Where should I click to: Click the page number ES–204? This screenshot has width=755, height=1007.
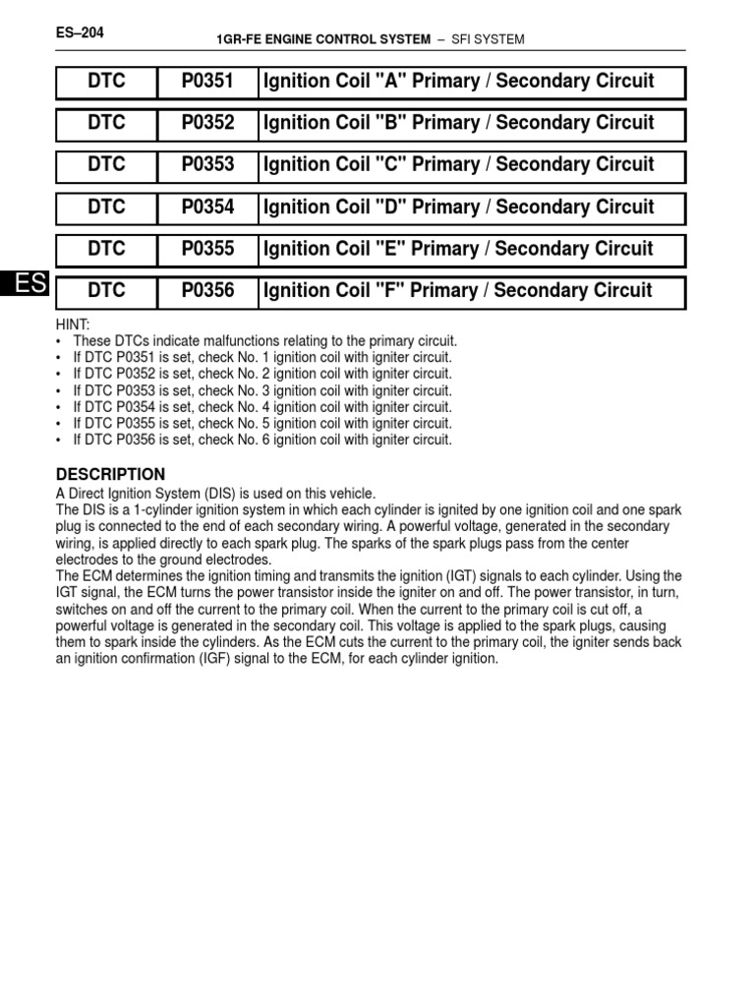(x=81, y=32)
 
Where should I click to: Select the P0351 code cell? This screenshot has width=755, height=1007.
(x=207, y=82)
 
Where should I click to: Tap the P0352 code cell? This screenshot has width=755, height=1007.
(x=207, y=124)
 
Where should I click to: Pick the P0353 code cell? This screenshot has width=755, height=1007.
(x=207, y=165)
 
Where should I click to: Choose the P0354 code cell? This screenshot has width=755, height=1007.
(x=207, y=207)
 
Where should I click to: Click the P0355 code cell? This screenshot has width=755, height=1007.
(x=207, y=249)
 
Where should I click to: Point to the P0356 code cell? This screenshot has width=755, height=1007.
(x=207, y=291)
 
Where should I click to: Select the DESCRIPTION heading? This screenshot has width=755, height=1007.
(x=110, y=474)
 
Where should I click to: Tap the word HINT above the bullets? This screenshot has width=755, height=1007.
(x=75, y=325)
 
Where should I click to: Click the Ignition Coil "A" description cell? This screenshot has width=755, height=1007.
(x=457, y=82)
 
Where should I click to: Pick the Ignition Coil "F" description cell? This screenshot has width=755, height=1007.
(x=456, y=291)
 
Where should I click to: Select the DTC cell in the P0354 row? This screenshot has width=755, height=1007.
(x=106, y=207)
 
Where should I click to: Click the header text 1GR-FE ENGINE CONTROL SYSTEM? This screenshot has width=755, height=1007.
(x=323, y=39)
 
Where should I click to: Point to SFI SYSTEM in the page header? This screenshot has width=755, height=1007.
(x=488, y=39)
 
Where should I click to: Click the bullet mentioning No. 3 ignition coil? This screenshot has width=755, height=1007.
(x=262, y=390)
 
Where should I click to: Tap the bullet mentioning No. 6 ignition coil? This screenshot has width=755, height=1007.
(x=262, y=441)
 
